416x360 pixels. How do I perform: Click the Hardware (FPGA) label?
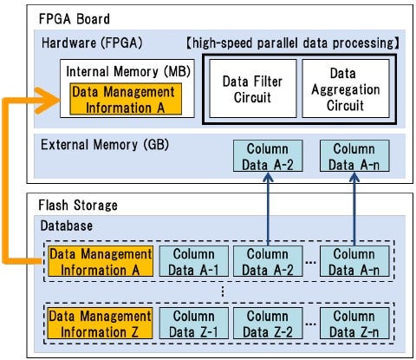[x=91, y=43]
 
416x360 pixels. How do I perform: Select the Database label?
[x=68, y=226]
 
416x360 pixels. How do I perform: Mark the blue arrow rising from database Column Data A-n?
[x=354, y=208]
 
